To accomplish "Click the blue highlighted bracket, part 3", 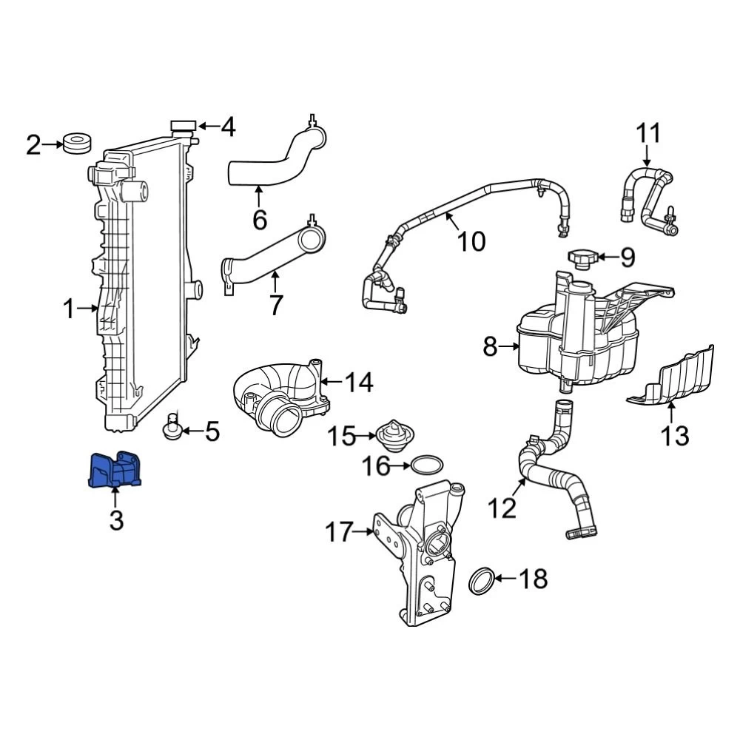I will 115,471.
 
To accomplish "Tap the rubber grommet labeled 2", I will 76,143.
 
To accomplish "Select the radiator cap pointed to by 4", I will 183,127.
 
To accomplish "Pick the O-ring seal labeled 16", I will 427,465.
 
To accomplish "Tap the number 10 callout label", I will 471,241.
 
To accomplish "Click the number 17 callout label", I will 340,532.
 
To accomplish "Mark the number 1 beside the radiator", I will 69,309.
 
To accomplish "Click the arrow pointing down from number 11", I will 647,157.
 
